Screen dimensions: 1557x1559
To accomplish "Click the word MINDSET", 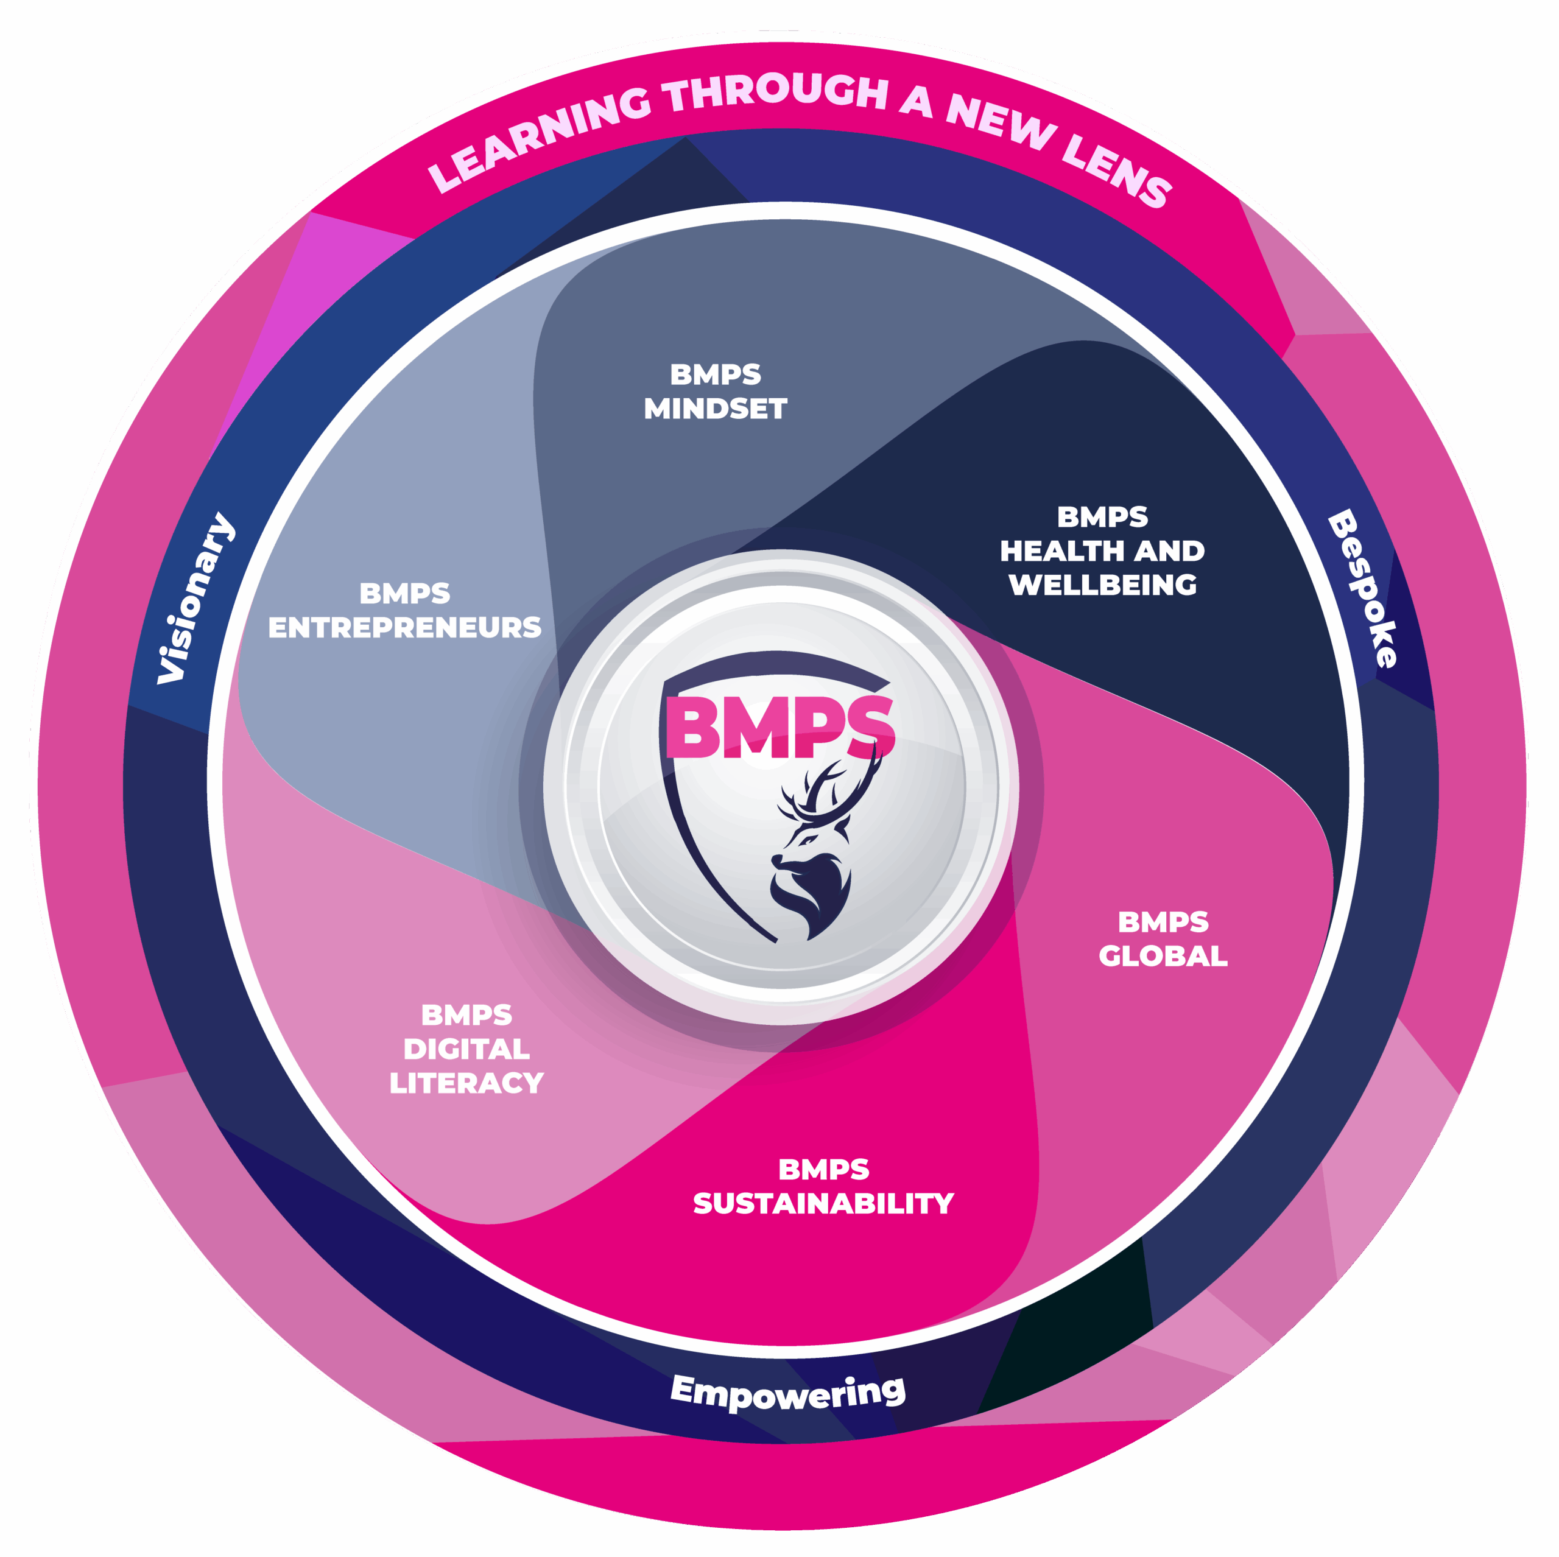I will [715, 409].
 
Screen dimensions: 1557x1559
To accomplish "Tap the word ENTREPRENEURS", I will [404, 628].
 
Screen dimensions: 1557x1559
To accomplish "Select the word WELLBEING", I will [1102, 585].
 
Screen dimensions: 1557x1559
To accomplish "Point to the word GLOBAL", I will [1163, 956].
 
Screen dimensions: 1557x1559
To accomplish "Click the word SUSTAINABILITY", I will [823, 1204].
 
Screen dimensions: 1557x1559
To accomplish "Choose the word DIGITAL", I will [466, 1049].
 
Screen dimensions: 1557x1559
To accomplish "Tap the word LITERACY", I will [466, 1083].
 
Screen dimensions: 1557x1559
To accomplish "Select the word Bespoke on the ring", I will [1363, 588].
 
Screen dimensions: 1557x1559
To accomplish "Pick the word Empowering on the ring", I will [787, 1391].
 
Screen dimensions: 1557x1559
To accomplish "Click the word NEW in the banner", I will [1001, 121].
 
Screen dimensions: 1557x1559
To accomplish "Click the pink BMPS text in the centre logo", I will [779, 727].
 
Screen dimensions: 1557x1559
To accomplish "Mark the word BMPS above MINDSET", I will [715, 374].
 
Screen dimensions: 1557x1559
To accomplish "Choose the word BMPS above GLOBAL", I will [1163, 922].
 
